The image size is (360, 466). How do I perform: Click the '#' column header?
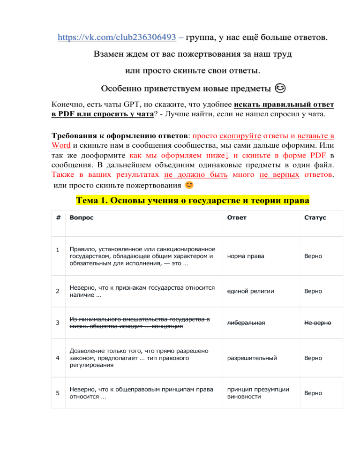pos(57,218)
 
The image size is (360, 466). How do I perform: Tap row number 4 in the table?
pos(57,358)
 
